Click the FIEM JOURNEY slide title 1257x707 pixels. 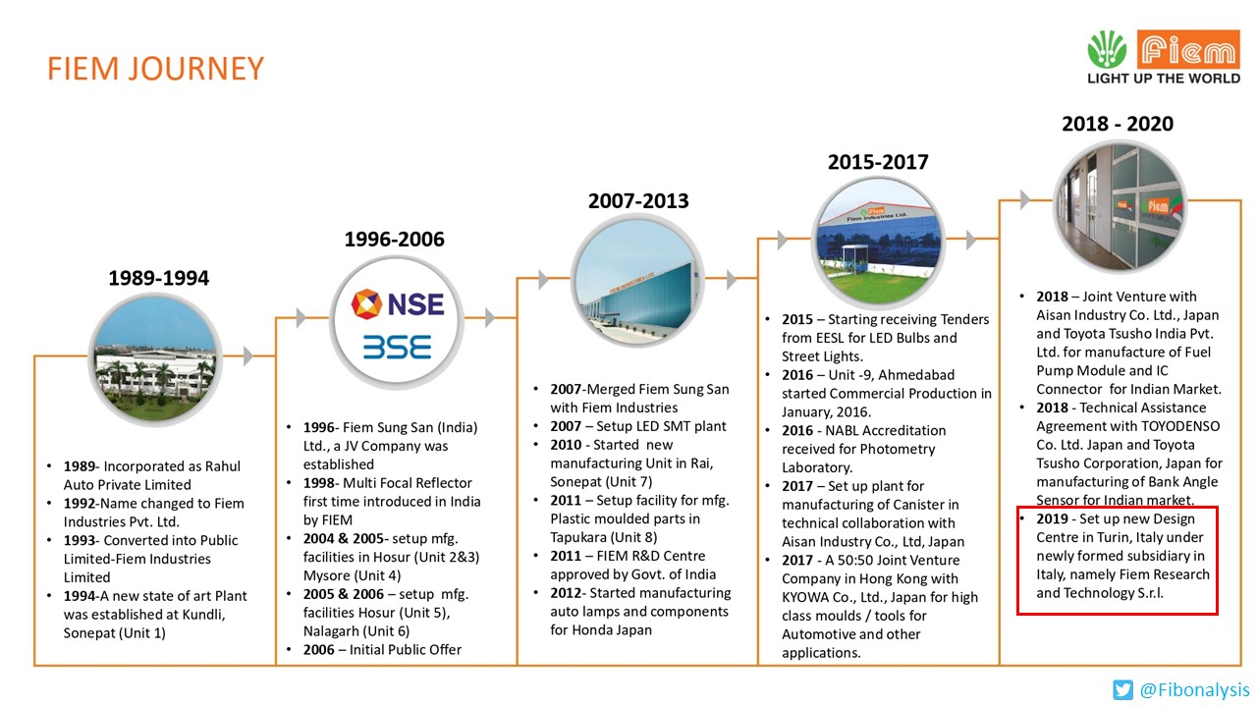point(156,69)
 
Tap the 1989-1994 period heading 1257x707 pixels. point(158,278)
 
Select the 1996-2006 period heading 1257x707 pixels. point(394,239)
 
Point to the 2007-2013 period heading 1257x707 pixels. point(638,200)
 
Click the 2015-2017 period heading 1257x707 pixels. point(877,162)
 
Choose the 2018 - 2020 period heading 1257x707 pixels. point(1118,124)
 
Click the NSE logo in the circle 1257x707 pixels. point(398,303)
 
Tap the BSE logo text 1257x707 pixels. point(396,347)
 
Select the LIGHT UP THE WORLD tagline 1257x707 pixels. point(1164,79)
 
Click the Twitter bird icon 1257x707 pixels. point(1122,689)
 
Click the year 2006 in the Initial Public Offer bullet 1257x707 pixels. point(308,649)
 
